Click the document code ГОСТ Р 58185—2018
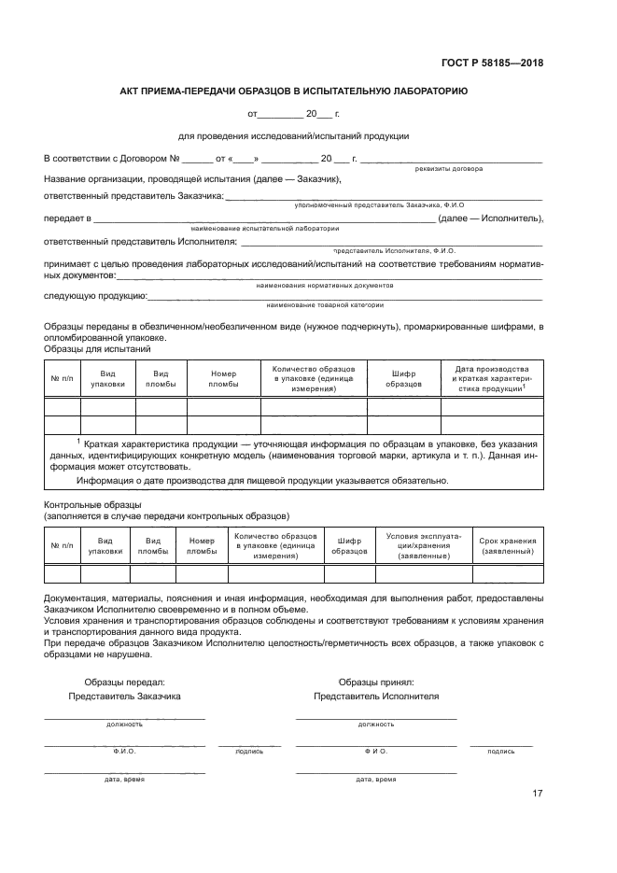tap(491, 63)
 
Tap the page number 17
tap(537, 794)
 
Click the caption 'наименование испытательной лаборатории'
tap(264, 228)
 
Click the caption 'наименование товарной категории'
tap(324, 305)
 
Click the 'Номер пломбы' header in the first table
tap(223, 378)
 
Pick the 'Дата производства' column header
tap(491, 378)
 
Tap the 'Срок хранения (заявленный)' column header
tap(508, 546)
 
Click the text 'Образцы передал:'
tap(124, 683)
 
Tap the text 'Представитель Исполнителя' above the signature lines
tap(376, 697)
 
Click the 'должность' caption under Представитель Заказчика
tap(124, 724)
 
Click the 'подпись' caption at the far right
tap(500, 751)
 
